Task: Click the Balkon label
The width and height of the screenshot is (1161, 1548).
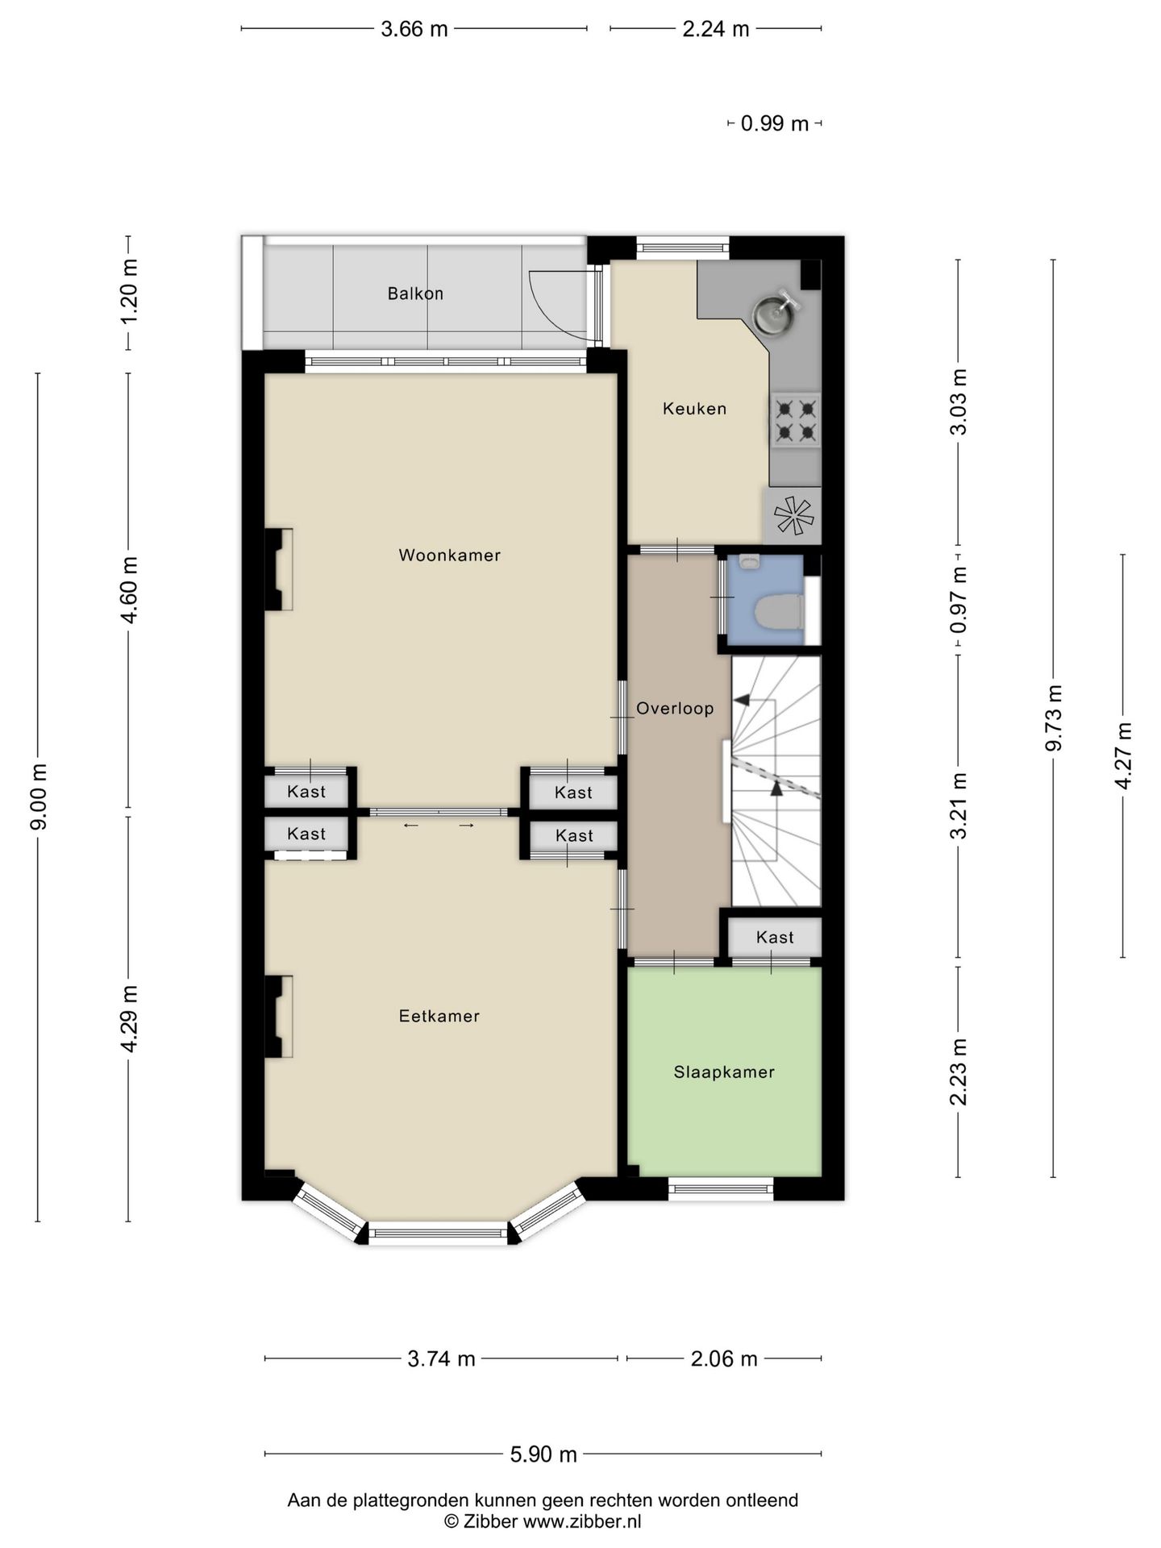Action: [415, 293]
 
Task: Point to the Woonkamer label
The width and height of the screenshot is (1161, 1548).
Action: [450, 555]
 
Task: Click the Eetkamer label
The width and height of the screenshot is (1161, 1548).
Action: [439, 1016]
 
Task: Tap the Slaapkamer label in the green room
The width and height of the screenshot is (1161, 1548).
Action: [724, 1072]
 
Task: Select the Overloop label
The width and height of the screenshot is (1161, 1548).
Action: [675, 709]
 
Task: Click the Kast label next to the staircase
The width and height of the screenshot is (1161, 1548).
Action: [775, 937]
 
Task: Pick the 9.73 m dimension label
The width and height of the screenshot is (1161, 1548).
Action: [1054, 718]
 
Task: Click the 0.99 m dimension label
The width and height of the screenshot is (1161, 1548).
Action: [775, 123]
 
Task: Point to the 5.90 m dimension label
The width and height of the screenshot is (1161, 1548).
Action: [543, 1454]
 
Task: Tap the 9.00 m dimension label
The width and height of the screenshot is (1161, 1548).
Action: [39, 796]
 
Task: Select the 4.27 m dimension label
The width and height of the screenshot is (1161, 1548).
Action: [1123, 755]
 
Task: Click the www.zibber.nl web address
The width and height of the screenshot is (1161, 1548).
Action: [582, 1521]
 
